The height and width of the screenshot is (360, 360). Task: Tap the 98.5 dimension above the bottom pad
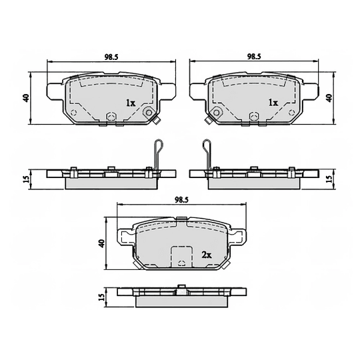[x=182, y=199]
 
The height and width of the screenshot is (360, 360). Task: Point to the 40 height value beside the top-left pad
[x=25, y=97]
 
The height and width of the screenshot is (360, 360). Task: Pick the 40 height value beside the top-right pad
[x=329, y=97]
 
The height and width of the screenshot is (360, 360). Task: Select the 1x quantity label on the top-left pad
[x=131, y=103]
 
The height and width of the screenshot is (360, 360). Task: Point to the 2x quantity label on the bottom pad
[x=206, y=255]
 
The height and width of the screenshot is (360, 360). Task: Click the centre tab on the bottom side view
[x=181, y=289]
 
